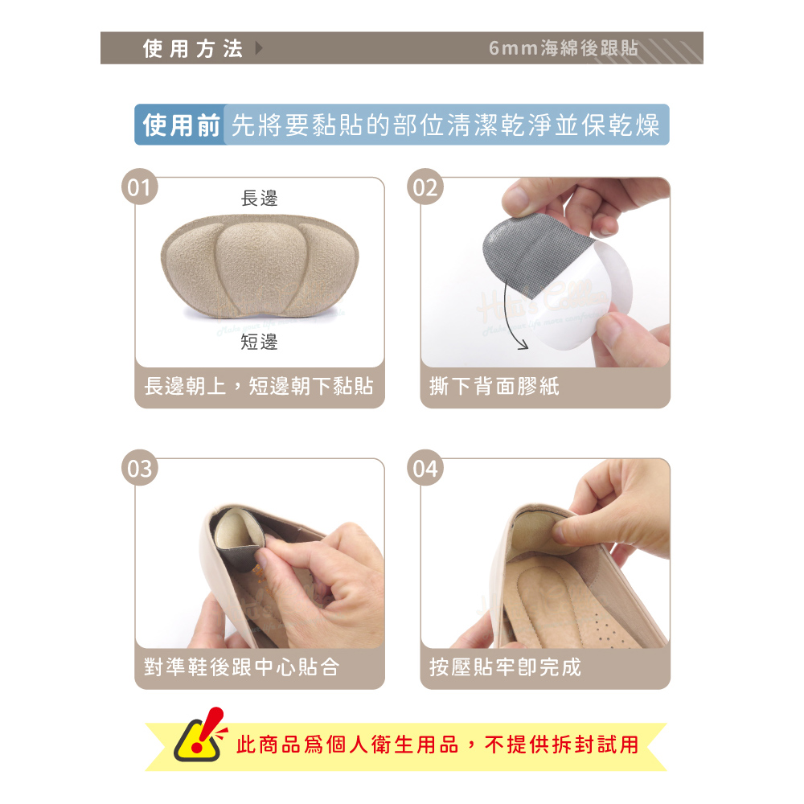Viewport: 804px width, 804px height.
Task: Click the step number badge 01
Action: point(139,187)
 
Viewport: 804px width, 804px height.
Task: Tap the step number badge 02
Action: point(425,187)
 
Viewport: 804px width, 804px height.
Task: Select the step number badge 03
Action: point(139,468)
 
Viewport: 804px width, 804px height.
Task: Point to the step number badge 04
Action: point(425,468)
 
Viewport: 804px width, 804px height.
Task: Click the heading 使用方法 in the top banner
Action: point(193,49)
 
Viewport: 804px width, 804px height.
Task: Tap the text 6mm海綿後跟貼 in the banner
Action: point(564,48)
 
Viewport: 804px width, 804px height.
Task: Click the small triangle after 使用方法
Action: point(259,48)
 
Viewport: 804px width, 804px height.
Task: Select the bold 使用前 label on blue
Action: point(182,125)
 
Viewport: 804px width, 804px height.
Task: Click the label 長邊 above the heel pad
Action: point(260,198)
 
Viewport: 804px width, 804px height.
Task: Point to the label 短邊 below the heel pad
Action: point(260,342)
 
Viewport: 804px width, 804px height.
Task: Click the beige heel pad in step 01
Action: point(260,267)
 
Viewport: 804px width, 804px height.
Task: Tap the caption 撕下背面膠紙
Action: point(494,386)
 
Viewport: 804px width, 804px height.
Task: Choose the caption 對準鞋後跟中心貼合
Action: point(241,667)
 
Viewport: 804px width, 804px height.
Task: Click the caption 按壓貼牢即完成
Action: point(505,667)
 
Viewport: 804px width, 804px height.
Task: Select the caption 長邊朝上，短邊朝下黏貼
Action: point(259,386)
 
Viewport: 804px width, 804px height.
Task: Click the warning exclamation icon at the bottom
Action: point(200,735)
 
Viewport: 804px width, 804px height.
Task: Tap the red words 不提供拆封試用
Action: point(561,745)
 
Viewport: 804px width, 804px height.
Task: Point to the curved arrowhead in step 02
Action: point(522,345)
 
